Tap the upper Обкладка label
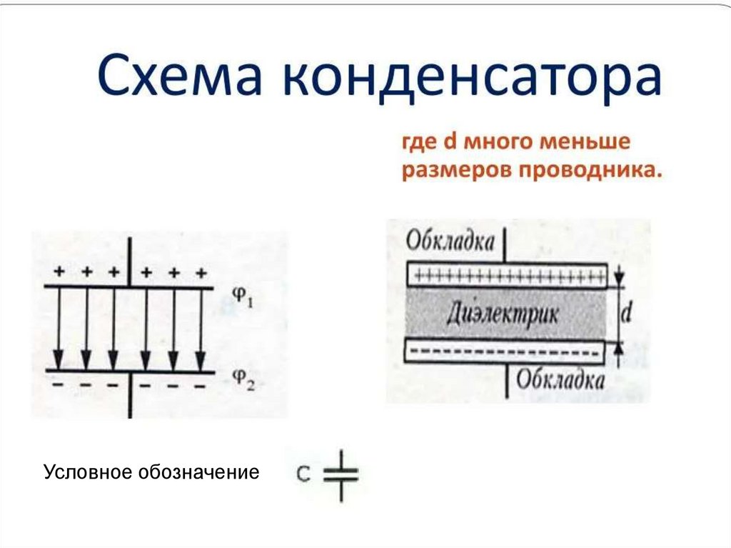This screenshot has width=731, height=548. tap(450, 241)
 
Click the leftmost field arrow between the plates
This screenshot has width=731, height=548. tap(59, 329)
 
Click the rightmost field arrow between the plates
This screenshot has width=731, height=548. tap(201, 329)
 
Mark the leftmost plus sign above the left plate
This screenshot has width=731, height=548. tap(59, 272)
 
